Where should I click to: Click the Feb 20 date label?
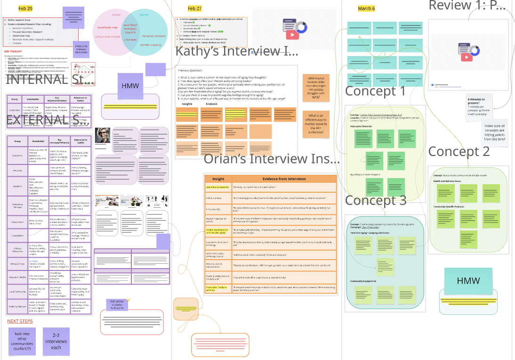point(25,8)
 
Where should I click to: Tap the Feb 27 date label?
point(194,8)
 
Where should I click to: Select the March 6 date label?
point(366,8)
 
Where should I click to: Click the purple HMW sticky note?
point(130,86)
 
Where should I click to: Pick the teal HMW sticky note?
point(468,281)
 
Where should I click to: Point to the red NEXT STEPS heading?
point(20,321)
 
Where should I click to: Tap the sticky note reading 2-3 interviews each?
point(56,341)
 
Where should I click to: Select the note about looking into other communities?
point(22,341)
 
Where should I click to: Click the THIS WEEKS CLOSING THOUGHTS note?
point(115,304)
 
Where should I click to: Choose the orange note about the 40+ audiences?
point(316,124)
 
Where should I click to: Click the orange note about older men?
point(316,88)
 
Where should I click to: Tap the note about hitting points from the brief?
point(495,132)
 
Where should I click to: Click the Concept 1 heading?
point(375,91)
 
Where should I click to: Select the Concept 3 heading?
point(375,200)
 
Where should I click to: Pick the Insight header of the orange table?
point(218,179)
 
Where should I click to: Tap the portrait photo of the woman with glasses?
point(103,136)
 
